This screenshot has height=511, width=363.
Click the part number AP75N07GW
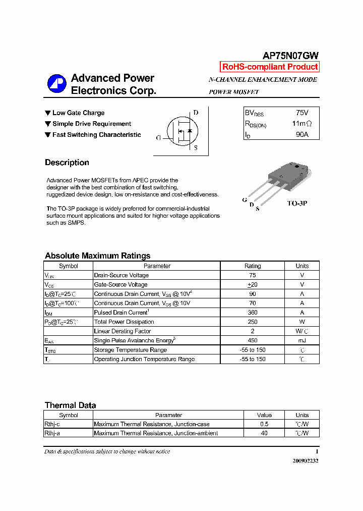coord(290,56)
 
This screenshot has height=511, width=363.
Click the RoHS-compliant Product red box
coord(270,67)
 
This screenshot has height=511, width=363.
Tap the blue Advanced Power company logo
coord(56,84)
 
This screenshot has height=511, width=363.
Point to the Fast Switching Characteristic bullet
coord(93,135)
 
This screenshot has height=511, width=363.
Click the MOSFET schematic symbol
coord(181,131)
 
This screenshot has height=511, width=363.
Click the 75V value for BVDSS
coord(302,113)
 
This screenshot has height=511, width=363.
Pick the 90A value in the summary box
coord(302,135)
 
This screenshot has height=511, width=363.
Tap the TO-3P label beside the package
coord(297,203)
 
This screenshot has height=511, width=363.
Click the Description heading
coord(67,163)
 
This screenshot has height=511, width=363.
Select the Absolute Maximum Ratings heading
coord(97,255)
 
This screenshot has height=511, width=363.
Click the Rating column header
coord(253,266)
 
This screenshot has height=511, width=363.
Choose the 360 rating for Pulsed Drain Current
coord(253,313)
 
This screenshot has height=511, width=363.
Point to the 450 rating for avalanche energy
coord(253,341)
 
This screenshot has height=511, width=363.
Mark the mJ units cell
coord(302,341)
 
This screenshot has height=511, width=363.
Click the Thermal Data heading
coord(70,405)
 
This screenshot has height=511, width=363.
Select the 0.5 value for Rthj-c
coord(264,424)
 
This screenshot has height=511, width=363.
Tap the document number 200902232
coord(306,461)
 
